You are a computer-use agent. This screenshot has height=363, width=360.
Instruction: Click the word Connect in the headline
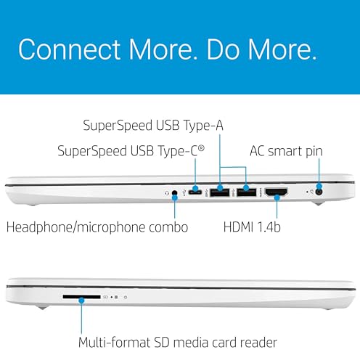(x=69, y=49)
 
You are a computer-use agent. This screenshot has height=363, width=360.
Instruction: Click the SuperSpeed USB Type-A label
(x=153, y=126)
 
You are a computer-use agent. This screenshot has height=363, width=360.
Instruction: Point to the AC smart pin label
(x=286, y=151)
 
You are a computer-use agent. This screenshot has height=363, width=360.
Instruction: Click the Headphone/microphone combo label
(x=97, y=227)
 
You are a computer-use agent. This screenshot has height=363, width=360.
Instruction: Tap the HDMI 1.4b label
(x=252, y=227)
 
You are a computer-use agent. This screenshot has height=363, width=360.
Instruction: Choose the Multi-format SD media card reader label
(x=178, y=343)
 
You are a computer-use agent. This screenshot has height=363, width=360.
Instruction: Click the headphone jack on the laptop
(x=174, y=193)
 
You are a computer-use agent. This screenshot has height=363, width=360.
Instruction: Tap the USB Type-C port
(x=195, y=192)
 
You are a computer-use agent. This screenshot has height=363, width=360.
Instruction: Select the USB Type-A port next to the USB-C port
(x=220, y=192)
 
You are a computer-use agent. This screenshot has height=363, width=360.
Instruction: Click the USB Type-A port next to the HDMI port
(x=246, y=192)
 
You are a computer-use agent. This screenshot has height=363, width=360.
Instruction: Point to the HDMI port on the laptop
(x=277, y=192)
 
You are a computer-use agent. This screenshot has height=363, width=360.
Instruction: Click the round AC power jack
(x=319, y=192)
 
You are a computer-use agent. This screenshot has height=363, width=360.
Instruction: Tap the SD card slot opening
(x=81, y=297)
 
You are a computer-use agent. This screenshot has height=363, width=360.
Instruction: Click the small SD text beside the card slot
(x=105, y=297)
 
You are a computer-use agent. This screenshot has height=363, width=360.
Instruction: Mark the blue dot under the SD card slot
(x=81, y=301)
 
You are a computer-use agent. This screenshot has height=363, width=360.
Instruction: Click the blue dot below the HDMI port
(x=277, y=197)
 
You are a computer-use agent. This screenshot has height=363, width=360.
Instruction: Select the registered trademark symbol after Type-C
(x=201, y=147)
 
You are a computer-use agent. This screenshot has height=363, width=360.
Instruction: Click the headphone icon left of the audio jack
(x=167, y=193)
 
